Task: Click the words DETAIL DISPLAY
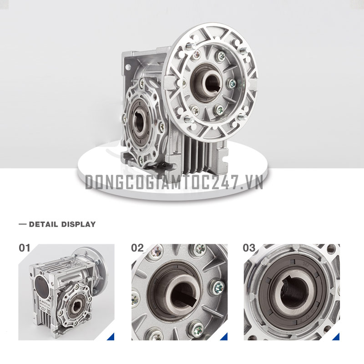[62, 224]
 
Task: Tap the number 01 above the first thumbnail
[25, 248]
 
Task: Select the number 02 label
[137, 248]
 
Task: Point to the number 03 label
[249, 248]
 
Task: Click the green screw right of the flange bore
[233, 83]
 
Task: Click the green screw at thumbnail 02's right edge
[218, 287]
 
